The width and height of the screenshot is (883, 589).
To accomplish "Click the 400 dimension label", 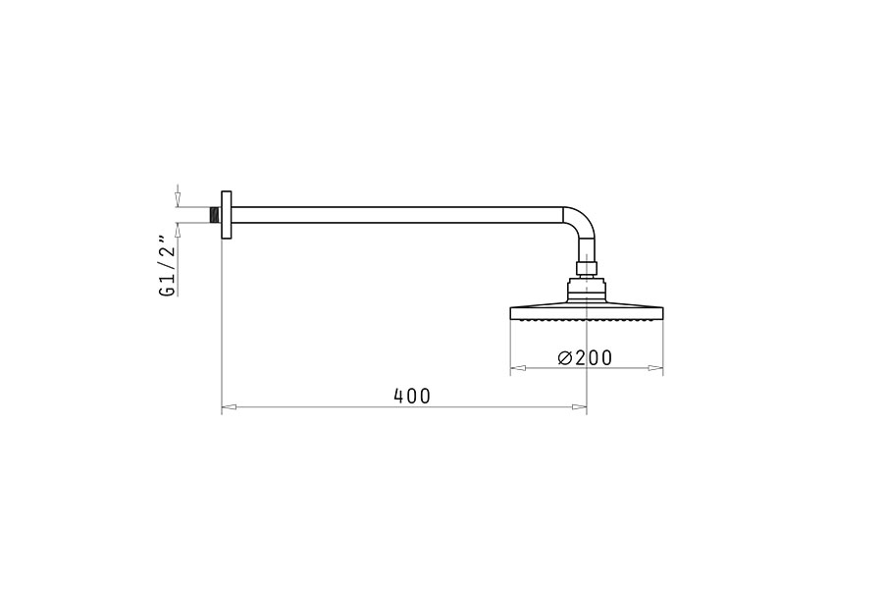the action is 412,396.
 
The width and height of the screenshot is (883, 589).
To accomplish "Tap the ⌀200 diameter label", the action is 585,357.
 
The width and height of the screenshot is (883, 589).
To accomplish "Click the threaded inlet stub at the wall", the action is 215,215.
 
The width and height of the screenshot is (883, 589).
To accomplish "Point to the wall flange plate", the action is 226,215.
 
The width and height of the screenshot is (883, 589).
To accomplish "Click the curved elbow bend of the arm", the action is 583,226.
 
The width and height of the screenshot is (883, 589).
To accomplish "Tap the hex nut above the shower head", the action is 587,267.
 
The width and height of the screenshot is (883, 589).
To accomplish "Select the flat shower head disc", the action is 587,312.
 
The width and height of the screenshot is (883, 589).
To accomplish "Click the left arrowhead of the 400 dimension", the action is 228,405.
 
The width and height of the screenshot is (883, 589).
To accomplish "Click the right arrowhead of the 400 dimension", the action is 580,405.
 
